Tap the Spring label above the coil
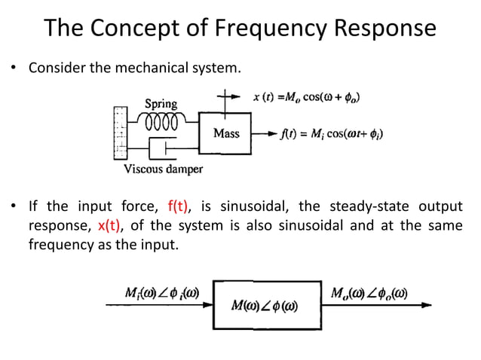point(161,104)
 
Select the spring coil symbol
point(161,121)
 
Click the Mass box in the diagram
point(226,133)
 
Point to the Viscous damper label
point(163,169)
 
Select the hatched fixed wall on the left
point(119,133)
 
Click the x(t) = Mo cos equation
point(305,97)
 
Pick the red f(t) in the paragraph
point(171,207)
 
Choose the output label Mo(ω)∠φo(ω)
point(369,293)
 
